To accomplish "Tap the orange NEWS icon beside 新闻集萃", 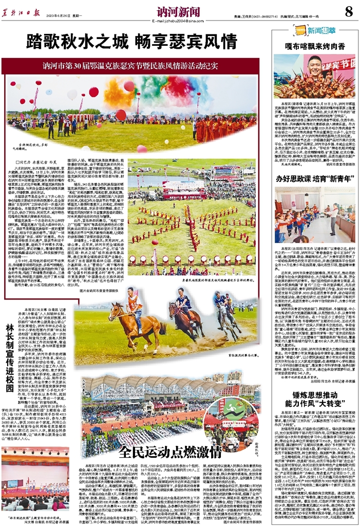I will (298, 31).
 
